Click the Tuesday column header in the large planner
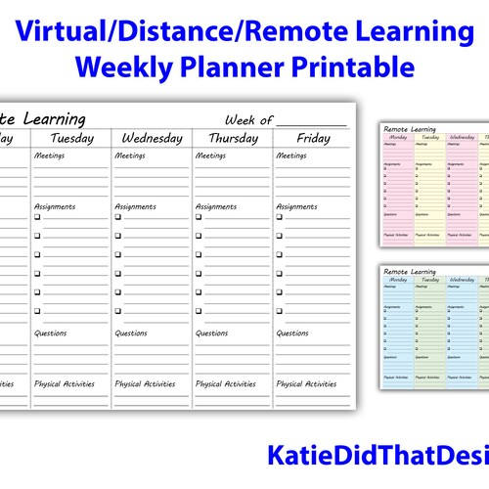coord(71,138)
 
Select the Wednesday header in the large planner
coord(153,138)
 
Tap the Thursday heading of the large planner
coord(233,138)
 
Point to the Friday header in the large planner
coord(313,138)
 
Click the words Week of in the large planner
coord(248,119)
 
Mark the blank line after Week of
coord(311,123)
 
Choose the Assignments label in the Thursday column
coord(217,206)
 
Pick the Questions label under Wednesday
coord(131,333)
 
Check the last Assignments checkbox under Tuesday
coord(37,311)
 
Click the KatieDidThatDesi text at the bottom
coord(377,457)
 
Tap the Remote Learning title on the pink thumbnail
coord(410,129)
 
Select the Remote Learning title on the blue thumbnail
coord(410,271)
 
